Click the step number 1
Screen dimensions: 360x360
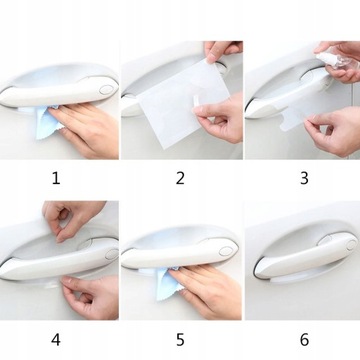coord(56,178)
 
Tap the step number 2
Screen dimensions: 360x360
coord(180,178)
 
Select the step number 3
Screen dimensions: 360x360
coord(304,178)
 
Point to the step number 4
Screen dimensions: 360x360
coord(56,340)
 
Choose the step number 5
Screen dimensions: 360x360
coord(180,340)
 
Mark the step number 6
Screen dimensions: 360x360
coord(304,340)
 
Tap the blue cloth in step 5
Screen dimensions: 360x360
coord(169,283)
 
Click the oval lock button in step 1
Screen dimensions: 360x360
coord(106,89)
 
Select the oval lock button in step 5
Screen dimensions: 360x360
coord(226,251)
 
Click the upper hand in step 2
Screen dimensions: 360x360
coord(223,51)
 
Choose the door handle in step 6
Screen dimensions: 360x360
coord(305,255)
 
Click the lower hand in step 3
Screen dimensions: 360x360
coord(333,132)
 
